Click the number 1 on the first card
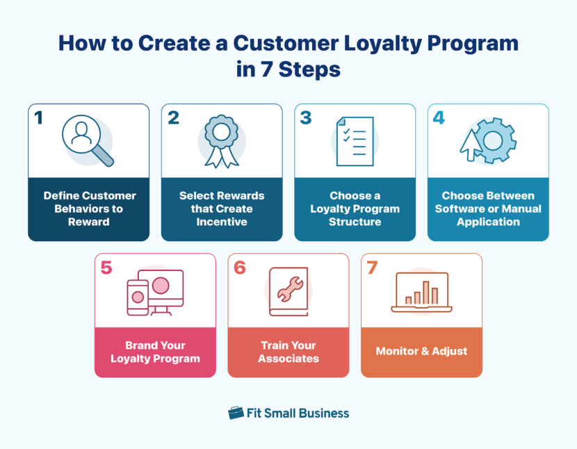[x=39, y=118]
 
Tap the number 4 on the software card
[x=439, y=118]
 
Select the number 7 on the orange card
[x=372, y=268]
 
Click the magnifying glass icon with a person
[x=87, y=139]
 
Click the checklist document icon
[x=355, y=141]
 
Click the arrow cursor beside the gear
[x=471, y=147]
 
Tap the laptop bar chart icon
[x=421, y=292]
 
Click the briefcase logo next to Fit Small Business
[x=236, y=413]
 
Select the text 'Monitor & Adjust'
[x=421, y=351]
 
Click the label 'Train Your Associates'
[x=288, y=352]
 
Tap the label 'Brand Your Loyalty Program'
[x=155, y=352]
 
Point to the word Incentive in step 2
[x=222, y=222]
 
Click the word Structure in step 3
[x=355, y=222]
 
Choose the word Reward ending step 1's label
[x=88, y=222]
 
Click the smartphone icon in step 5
[x=138, y=297]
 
